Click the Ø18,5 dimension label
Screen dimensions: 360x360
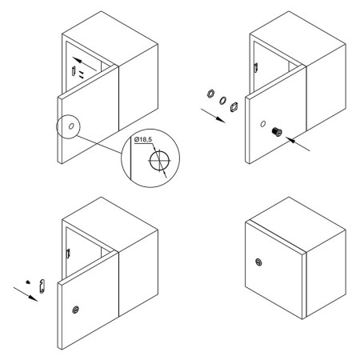point(143,139)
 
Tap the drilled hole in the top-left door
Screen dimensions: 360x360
point(71,126)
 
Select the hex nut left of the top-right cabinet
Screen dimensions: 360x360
point(210,94)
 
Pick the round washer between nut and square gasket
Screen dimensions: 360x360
point(222,100)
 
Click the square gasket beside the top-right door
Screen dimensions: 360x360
point(234,106)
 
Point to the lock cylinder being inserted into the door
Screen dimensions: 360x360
point(277,132)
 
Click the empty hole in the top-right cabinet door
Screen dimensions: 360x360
point(263,124)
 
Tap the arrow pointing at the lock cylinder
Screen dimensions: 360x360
point(298,144)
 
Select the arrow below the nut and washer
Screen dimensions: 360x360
point(214,116)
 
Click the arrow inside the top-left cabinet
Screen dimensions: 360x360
point(85,64)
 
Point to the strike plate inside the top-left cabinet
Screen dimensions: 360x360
point(74,71)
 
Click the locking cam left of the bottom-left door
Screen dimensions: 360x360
point(42,286)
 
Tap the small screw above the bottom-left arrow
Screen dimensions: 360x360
point(28,282)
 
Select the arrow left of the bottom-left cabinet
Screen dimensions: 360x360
point(26,294)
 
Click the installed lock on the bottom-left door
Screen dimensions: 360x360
point(76,310)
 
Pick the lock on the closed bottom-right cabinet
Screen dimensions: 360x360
point(258,262)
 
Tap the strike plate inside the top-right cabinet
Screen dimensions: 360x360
point(256,67)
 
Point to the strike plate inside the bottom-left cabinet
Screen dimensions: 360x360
point(68,254)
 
